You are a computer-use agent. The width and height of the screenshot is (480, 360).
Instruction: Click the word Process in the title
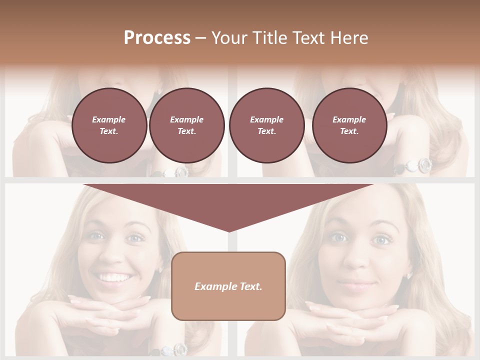pyautogui.click(x=157, y=37)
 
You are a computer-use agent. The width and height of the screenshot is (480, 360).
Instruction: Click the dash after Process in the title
pyautogui.click(x=201, y=38)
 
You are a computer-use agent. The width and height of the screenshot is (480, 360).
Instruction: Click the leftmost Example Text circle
pyautogui.click(x=109, y=125)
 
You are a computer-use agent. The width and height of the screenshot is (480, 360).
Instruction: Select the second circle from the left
pyautogui.click(x=186, y=125)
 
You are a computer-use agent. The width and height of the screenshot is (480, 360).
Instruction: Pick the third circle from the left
pyautogui.click(x=266, y=125)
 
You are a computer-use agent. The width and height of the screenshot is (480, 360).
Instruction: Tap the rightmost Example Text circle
pyautogui.click(x=349, y=125)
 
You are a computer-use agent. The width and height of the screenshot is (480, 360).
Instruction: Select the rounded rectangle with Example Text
pyautogui.click(x=228, y=286)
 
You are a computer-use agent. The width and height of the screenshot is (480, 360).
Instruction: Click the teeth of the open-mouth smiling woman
pyautogui.click(x=114, y=276)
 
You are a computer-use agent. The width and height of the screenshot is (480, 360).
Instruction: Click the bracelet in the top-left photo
pyautogui.click(x=175, y=172)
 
